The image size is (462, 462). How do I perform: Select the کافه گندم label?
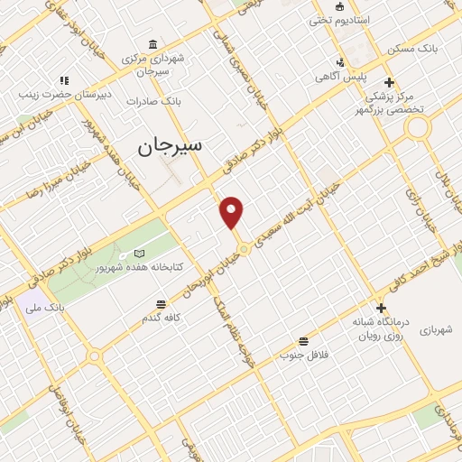[162, 318]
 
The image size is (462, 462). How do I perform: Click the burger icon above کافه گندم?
[162, 304]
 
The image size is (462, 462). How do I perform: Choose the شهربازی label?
[435, 331]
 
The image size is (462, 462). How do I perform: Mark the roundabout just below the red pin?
[243, 248]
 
